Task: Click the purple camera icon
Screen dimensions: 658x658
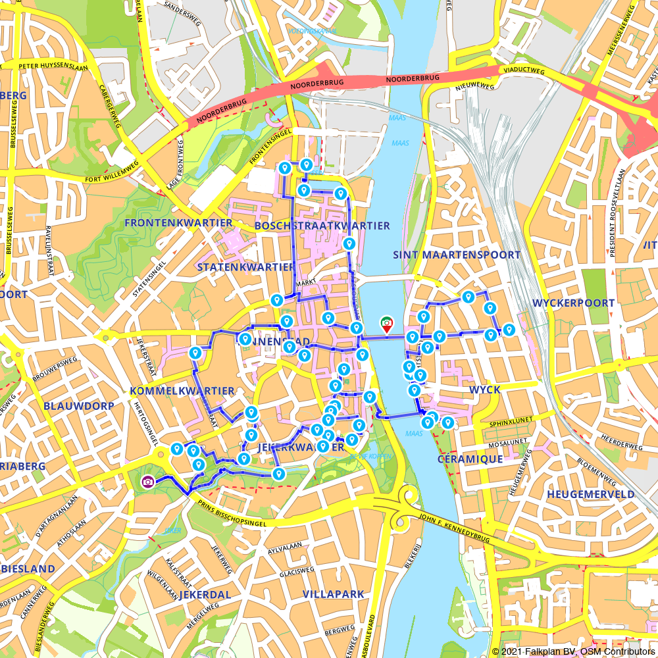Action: [148, 482]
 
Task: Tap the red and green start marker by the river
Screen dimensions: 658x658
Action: [387, 323]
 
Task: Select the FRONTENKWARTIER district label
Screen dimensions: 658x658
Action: [178, 223]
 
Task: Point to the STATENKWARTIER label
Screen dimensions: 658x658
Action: [246, 266]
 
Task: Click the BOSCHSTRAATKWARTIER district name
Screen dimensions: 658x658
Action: [322, 226]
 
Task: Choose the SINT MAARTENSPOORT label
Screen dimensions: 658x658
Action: [456, 255]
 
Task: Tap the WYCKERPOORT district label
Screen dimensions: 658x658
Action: [573, 303]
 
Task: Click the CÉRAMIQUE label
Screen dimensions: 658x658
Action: [470, 459]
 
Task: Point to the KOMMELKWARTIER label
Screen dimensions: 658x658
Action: [182, 391]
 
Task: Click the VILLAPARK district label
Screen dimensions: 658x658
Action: [333, 594]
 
